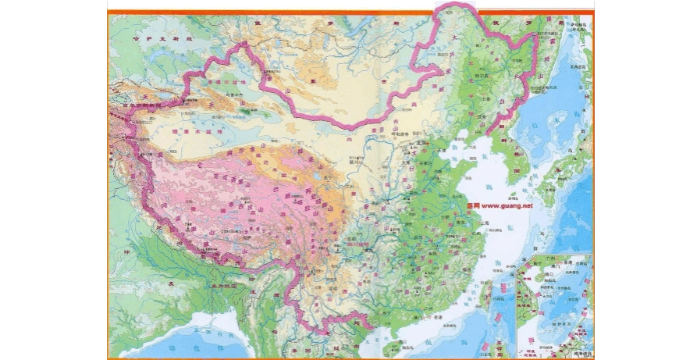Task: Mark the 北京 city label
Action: [x=423, y=142]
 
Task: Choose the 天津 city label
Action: [x=432, y=150]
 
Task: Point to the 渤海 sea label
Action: [x=450, y=148]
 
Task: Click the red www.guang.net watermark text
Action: [x=500, y=206]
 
